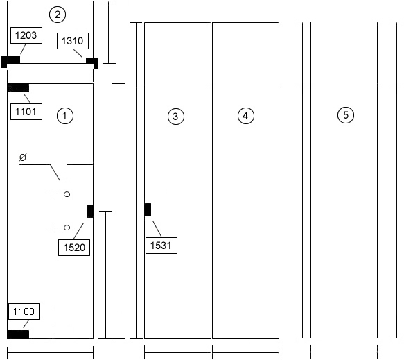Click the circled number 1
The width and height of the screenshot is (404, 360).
click(x=65, y=116)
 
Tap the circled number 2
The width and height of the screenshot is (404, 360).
click(x=58, y=15)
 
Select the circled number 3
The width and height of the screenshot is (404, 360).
click(x=176, y=117)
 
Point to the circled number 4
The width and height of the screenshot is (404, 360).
click(x=246, y=116)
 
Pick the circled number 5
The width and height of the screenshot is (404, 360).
click(x=346, y=114)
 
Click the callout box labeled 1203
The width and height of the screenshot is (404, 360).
click(x=26, y=35)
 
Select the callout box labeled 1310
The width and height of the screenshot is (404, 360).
click(x=73, y=41)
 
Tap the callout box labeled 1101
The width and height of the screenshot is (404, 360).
click(x=26, y=112)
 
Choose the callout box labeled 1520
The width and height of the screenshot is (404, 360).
click(x=74, y=248)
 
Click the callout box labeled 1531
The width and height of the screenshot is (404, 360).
click(x=161, y=246)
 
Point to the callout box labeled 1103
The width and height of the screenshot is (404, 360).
click(x=24, y=311)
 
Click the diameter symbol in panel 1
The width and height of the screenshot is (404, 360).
click(x=23, y=157)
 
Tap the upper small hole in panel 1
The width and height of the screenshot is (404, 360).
click(x=67, y=194)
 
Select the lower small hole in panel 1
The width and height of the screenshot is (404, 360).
click(x=67, y=228)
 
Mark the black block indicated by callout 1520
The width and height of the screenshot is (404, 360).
click(x=90, y=211)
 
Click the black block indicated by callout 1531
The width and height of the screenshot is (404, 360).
click(x=148, y=209)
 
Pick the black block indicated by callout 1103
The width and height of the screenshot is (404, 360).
click(x=18, y=334)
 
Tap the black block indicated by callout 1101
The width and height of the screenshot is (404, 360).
click(x=18, y=88)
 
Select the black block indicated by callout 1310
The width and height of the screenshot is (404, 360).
click(x=92, y=62)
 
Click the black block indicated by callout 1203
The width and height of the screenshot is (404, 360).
click(x=10, y=62)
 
